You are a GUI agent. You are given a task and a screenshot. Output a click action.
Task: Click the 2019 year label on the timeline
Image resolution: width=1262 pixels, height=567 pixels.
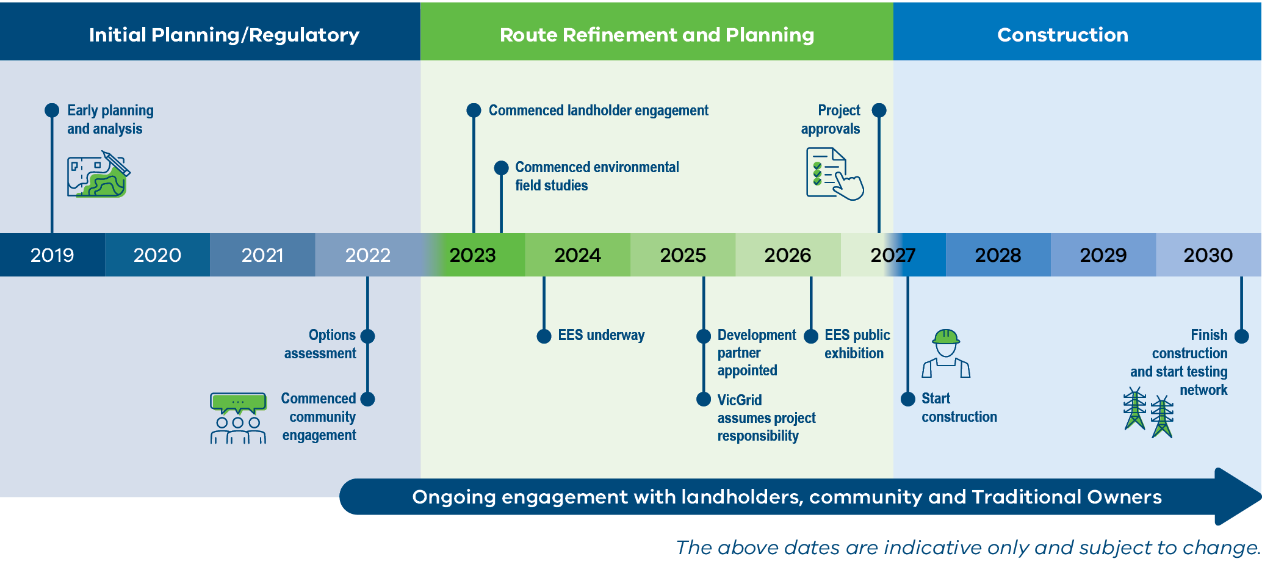[52, 255]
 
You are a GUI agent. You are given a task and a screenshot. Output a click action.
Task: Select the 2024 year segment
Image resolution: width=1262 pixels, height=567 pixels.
[577, 255]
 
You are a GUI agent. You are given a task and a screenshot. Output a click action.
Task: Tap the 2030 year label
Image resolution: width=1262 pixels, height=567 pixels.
[1208, 255]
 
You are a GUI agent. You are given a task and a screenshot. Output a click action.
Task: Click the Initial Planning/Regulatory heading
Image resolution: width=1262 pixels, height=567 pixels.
[224, 35]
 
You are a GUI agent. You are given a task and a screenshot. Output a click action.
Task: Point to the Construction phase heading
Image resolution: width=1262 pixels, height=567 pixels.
[1062, 35]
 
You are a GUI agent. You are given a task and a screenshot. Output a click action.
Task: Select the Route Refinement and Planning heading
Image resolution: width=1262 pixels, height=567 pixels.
[657, 35]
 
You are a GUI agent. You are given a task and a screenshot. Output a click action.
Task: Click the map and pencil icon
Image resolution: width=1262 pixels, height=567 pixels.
[98, 175]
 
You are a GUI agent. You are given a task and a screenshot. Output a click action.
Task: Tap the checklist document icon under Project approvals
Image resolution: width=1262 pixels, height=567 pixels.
[834, 174]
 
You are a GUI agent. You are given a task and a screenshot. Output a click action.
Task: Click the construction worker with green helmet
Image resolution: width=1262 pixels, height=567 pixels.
[946, 353]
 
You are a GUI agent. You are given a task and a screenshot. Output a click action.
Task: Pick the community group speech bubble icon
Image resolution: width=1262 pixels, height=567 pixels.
[238, 418]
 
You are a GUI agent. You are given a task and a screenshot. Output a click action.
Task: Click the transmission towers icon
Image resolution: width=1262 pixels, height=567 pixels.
[1148, 413]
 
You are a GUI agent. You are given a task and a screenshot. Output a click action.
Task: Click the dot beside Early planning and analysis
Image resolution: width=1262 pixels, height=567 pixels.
[52, 110]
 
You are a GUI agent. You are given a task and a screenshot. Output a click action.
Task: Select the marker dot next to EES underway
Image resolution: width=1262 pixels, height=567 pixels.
[544, 336]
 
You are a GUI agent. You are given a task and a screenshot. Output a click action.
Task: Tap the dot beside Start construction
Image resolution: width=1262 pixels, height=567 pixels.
[908, 399]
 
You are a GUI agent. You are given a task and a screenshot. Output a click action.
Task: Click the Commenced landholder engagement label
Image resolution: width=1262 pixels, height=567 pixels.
[598, 110]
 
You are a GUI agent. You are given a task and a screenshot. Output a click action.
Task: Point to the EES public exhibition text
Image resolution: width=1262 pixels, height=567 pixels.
[856, 344]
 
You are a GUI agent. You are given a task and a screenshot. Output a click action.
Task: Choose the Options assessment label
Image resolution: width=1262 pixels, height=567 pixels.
[320, 344]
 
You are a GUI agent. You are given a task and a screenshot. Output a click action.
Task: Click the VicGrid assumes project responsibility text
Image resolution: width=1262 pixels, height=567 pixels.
[766, 418]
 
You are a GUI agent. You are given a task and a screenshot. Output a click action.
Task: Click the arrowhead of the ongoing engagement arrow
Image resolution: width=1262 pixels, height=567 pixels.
[1236, 497]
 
